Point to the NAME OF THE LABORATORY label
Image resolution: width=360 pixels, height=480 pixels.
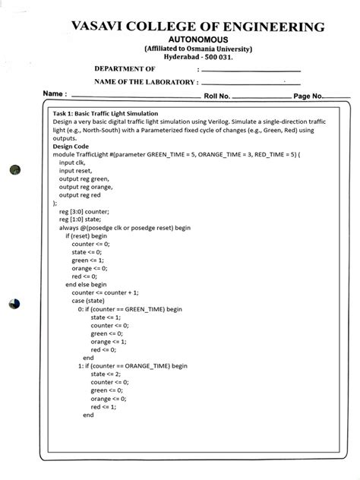(146, 82)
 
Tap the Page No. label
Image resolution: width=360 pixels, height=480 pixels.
(308, 96)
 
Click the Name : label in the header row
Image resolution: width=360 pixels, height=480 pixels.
(55, 95)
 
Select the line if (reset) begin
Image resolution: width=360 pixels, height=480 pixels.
(87, 235)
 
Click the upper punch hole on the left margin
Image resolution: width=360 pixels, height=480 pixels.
(13, 171)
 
